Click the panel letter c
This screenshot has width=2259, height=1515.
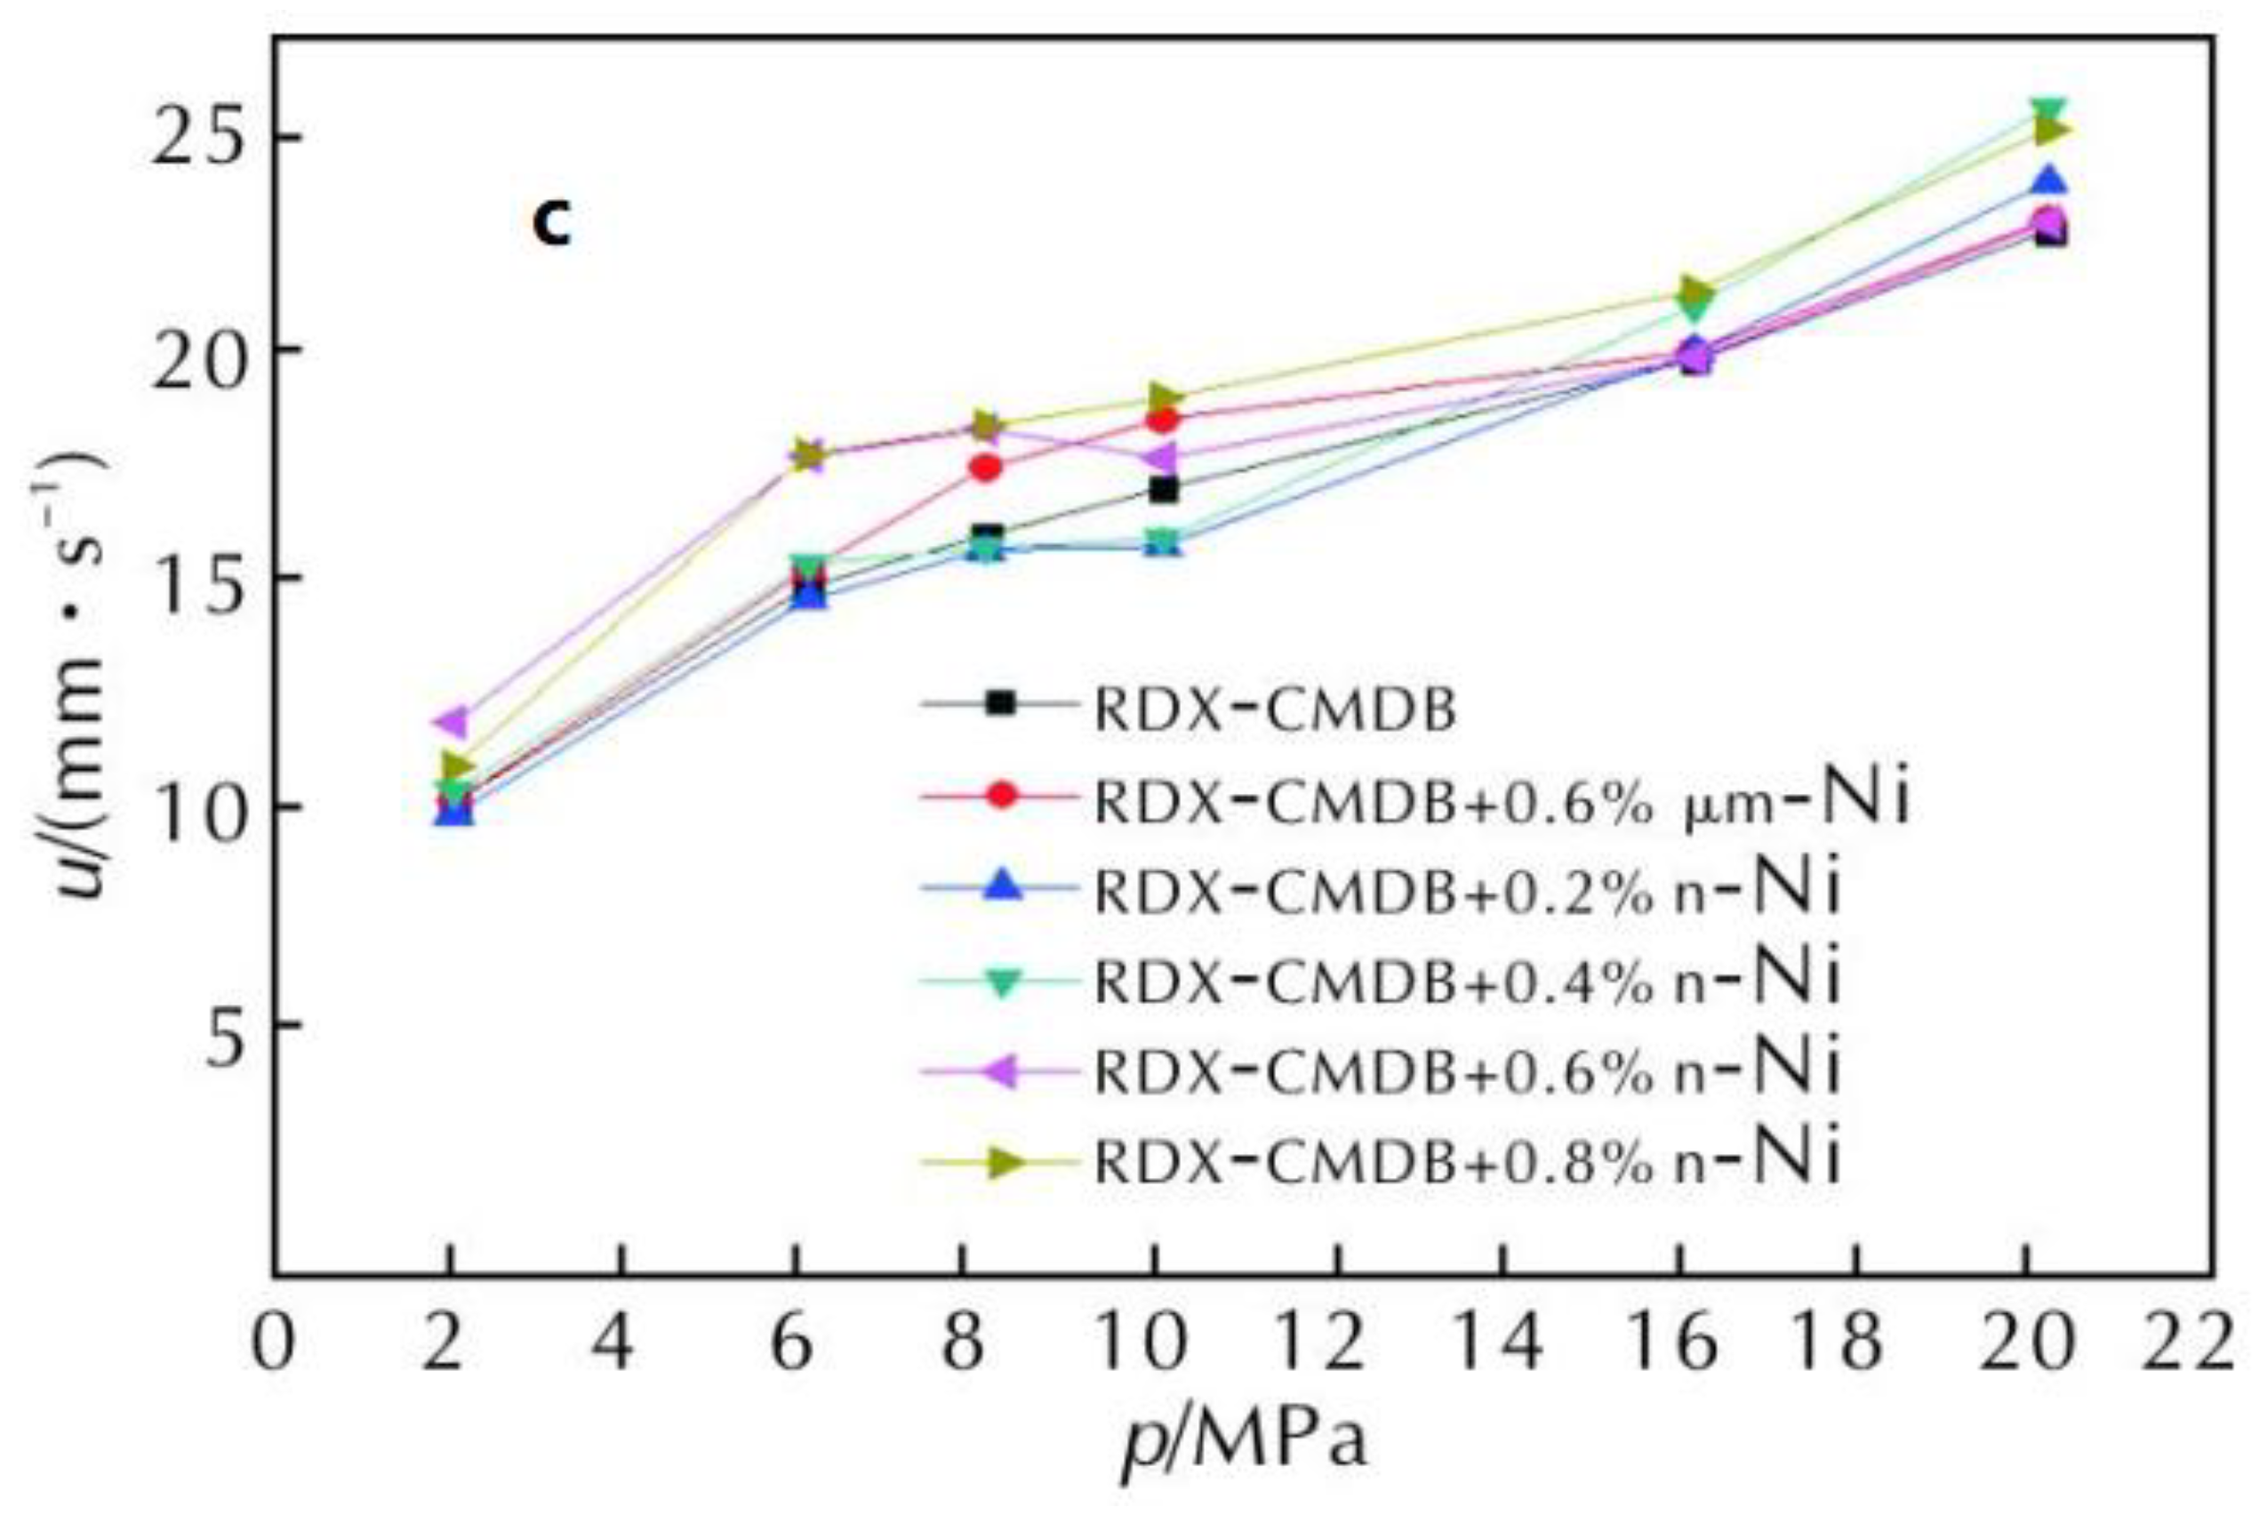(x=552, y=224)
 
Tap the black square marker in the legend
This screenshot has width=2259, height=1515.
(x=1002, y=703)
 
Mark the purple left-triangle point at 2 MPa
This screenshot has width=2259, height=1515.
(x=453, y=721)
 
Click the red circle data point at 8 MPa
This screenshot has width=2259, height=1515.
(x=984, y=468)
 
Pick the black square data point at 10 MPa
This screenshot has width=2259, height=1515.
(x=1164, y=490)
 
